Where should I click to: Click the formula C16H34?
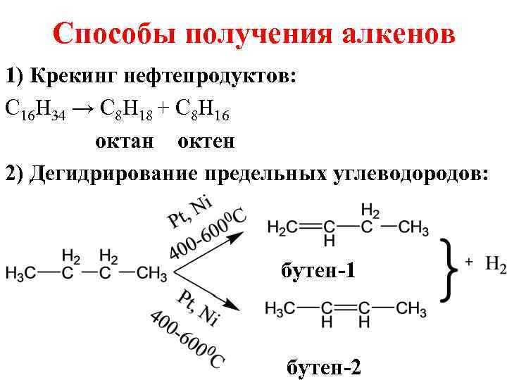coord(35,108)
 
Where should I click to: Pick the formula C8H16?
coord(204,108)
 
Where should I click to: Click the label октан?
coord(124,141)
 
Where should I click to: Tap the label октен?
coord(206,141)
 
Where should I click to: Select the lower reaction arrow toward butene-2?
coord(211,295)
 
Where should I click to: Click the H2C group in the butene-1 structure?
coord(282,227)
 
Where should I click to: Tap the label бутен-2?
coord(324,367)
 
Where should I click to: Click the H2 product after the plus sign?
coord(494,265)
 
